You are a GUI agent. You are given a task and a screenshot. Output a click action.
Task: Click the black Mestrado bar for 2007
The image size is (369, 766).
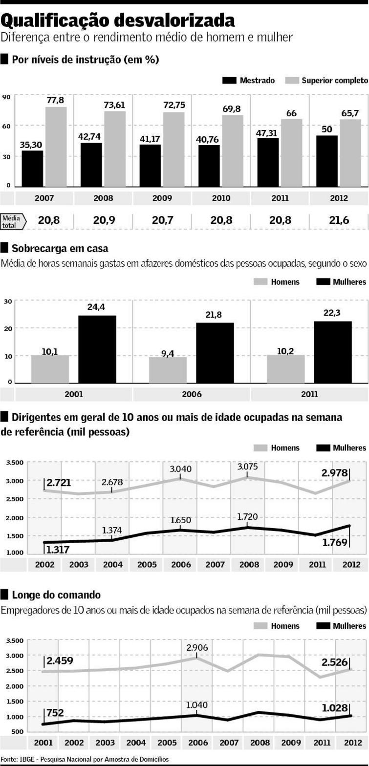coord(32,169)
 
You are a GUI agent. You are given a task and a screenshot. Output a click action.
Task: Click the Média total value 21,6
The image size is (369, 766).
coord(339,220)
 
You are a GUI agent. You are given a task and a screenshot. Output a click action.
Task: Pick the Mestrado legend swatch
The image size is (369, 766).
coord(229,80)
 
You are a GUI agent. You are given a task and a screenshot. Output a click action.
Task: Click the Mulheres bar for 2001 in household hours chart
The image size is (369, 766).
coord(97,349)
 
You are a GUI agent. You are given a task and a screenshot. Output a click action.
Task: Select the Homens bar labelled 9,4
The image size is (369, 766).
coord(168,370)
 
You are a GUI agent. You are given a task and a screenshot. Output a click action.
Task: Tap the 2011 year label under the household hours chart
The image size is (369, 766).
coord(309,394)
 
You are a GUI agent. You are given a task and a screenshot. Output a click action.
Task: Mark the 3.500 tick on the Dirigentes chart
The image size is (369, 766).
coord(15,463)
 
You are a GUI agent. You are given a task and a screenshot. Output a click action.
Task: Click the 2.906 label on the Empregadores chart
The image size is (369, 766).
coord(196,648)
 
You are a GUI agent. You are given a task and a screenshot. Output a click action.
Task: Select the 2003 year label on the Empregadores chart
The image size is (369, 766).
coord(105,743)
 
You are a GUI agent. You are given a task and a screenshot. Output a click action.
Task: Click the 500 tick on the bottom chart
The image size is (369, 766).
coord(18,731)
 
